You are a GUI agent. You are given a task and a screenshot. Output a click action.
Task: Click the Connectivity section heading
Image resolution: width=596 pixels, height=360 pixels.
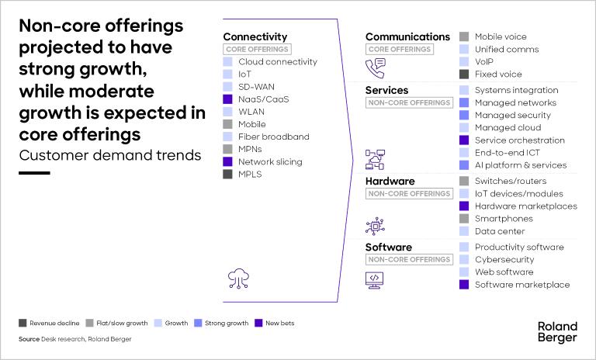pos(255,36)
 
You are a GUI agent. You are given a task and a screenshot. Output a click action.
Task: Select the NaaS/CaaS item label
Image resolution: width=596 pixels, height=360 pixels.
pos(264,99)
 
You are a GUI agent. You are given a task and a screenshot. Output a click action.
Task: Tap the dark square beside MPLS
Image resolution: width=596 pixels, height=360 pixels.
pos(227,175)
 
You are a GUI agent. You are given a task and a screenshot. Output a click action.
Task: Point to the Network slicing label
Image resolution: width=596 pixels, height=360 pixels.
pos(270,162)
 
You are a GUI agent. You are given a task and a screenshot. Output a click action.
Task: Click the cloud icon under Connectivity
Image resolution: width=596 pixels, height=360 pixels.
pos(238,278)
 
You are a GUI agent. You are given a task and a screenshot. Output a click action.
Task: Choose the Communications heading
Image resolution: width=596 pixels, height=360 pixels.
pos(407,36)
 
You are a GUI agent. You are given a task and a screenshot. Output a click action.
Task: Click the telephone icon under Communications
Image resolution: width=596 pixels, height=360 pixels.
pos(376,68)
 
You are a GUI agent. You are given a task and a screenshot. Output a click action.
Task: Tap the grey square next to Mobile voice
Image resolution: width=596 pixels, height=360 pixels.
pos(464,36)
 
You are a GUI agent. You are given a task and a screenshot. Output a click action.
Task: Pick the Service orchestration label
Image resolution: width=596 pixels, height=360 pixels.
pos(519,140)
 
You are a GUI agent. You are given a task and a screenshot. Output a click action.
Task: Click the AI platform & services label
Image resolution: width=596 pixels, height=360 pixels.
pos(520,165)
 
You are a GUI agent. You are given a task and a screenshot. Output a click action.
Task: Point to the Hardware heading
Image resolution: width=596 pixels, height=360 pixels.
pos(389,181)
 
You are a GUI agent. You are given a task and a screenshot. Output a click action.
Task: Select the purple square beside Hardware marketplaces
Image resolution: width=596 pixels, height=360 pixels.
pos(464,206)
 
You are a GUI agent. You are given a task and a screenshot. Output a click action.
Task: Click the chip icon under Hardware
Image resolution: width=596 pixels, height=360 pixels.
pos(375,225)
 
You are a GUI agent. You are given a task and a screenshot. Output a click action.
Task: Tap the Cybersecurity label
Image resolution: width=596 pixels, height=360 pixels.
pos(504,260)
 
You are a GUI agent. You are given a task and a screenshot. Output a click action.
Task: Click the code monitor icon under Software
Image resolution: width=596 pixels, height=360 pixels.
pos(375,279)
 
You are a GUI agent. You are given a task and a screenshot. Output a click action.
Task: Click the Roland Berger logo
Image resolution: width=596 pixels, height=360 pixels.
pos(557,331)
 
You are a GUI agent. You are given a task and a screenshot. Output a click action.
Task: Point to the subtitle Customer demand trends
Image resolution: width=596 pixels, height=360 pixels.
pos(109,154)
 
